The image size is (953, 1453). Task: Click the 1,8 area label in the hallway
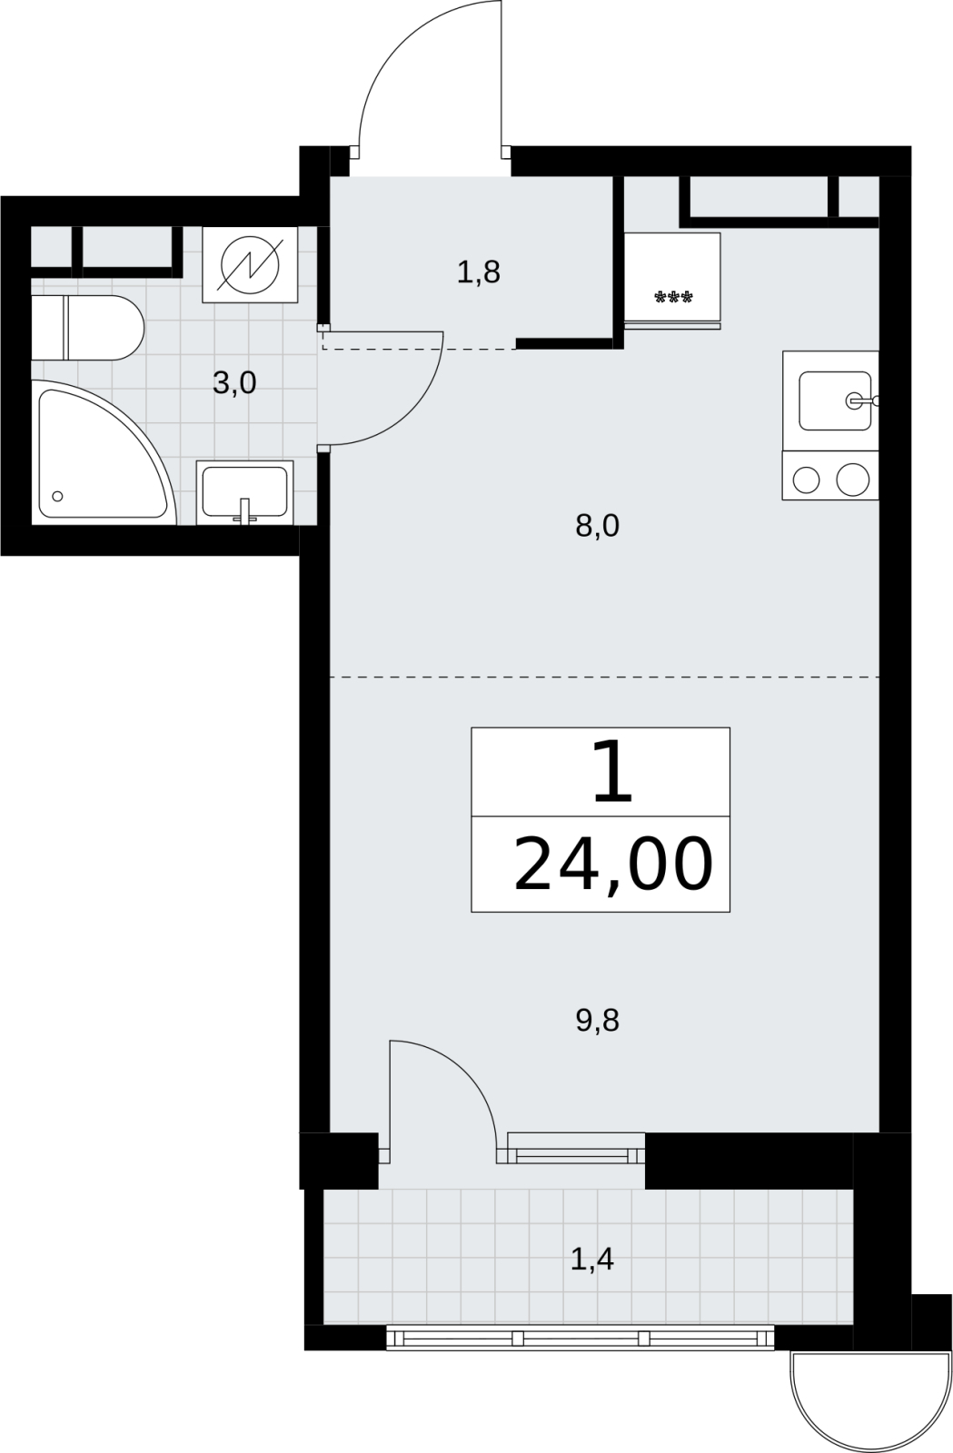click(478, 272)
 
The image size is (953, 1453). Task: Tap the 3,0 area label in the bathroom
click(234, 382)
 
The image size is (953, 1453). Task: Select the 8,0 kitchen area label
click(597, 526)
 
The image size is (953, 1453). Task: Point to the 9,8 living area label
click(597, 1021)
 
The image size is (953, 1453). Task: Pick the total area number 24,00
click(613, 865)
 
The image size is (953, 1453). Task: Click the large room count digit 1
click(611, 771)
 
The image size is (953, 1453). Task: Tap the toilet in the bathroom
click(87, 328)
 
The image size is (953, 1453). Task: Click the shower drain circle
click(57, 496)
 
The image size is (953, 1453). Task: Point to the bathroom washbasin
click(244, 492)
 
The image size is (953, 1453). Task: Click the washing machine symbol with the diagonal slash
click(250, 264)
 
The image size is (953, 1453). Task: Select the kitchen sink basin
click(835, 400)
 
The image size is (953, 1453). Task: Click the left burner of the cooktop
click(807, 480)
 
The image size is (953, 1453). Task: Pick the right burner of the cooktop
click(852, 479)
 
